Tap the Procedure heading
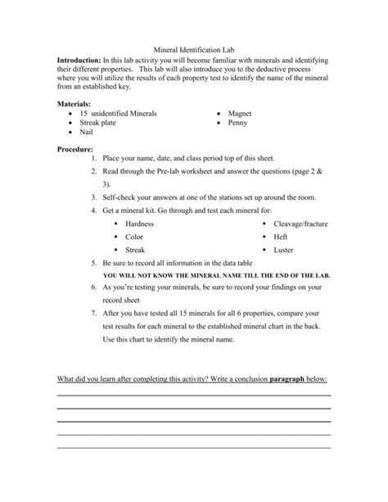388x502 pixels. coord(74,150)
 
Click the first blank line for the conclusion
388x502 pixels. coord(193,396)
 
